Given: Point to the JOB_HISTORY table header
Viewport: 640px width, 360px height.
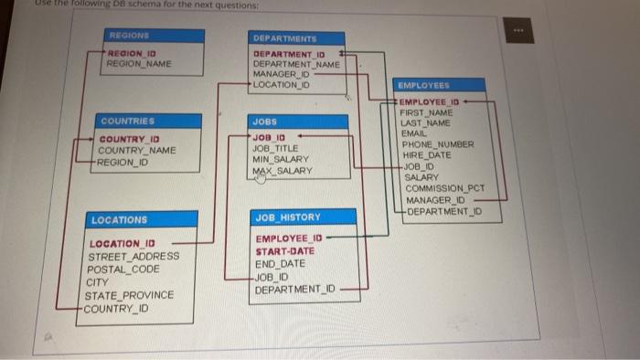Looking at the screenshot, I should (288, 217).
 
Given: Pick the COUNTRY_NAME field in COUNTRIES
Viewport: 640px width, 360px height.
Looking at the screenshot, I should (137, 150).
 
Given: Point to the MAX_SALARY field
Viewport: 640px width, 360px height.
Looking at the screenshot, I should (283, 171).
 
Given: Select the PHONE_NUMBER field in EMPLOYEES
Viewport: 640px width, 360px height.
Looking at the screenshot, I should (438, 144).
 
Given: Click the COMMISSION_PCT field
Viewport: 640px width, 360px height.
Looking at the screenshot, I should (444, 188).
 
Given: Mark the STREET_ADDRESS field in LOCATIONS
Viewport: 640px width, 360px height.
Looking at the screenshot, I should (133, 257).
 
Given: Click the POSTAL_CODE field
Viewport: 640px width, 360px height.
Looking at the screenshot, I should (123, 270).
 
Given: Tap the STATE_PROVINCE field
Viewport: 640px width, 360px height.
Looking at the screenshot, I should (129, 296).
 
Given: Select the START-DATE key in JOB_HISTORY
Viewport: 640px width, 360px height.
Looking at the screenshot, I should (284, 250).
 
